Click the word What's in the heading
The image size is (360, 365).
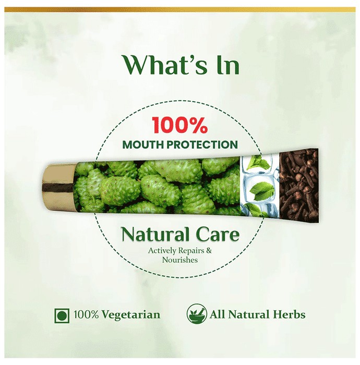point(165,65)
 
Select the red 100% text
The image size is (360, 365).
point(179,125)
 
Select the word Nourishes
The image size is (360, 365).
point(180,260)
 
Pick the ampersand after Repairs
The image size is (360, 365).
point(209,251)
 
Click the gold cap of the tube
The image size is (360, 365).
point(59,188)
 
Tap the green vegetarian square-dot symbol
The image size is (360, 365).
point(62,315)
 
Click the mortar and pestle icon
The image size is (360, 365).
point(197,314)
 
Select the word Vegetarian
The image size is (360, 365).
point(131,315)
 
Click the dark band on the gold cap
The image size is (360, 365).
point(58,187)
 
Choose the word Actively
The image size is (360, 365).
point(162,251)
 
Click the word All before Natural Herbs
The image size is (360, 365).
point(218,314)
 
